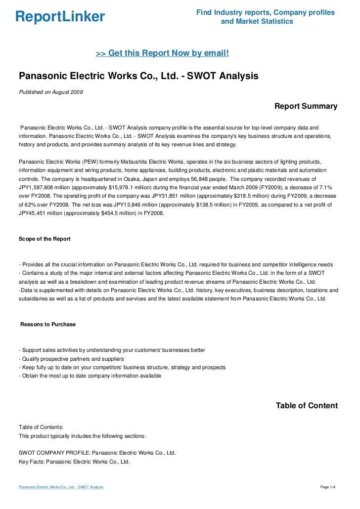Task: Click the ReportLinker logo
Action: [60, 17]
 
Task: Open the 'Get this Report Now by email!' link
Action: [162, 53]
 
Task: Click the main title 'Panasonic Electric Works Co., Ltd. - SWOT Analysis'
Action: [138, 77]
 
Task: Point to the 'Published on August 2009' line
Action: [51, 92]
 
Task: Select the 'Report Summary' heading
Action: [306, 106]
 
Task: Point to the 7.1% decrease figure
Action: [325, 187]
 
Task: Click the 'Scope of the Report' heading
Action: [45, 239]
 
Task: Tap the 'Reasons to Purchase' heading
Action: [48, 324]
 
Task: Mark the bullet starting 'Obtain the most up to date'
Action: [90, 376]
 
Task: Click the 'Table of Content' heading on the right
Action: [307, 406]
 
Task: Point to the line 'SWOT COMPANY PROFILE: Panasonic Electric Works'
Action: [97, 453]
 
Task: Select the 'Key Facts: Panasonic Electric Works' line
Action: [74, 462]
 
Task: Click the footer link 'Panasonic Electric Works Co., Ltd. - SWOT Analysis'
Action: [61, 487]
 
